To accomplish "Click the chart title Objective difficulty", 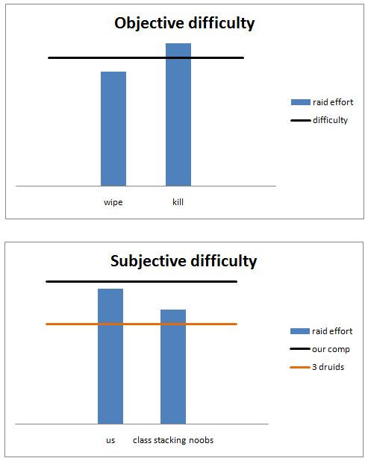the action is [x=184, y=23].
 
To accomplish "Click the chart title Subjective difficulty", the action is [x=184, y=261].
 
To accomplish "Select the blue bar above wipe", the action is [x=113, y=129].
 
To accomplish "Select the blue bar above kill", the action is [x=178, y=115].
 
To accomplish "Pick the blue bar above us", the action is [x=110, y=357].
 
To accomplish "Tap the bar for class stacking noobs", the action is [x=173, y=366].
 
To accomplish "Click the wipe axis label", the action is [x=113, y=203].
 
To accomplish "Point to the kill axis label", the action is [x=178, y=202].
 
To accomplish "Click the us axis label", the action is [x=110, y=440].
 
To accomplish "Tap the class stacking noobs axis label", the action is [x=173, y=440].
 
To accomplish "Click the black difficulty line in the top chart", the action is [x=146, y=58].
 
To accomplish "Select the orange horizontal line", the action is [x=142, y=324].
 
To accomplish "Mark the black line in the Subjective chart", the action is [x=142, y=282].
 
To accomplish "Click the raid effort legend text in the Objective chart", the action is [x=333, y=102].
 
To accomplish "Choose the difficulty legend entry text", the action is [x=330, y=120].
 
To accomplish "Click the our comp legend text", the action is [x=331, y=349].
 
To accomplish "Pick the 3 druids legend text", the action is [x=328, y=367].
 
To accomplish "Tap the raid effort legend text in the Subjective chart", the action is [x=332, y=331].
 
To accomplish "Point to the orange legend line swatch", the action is [x=300, y=367].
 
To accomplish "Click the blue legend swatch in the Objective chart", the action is [x=301, y=102].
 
